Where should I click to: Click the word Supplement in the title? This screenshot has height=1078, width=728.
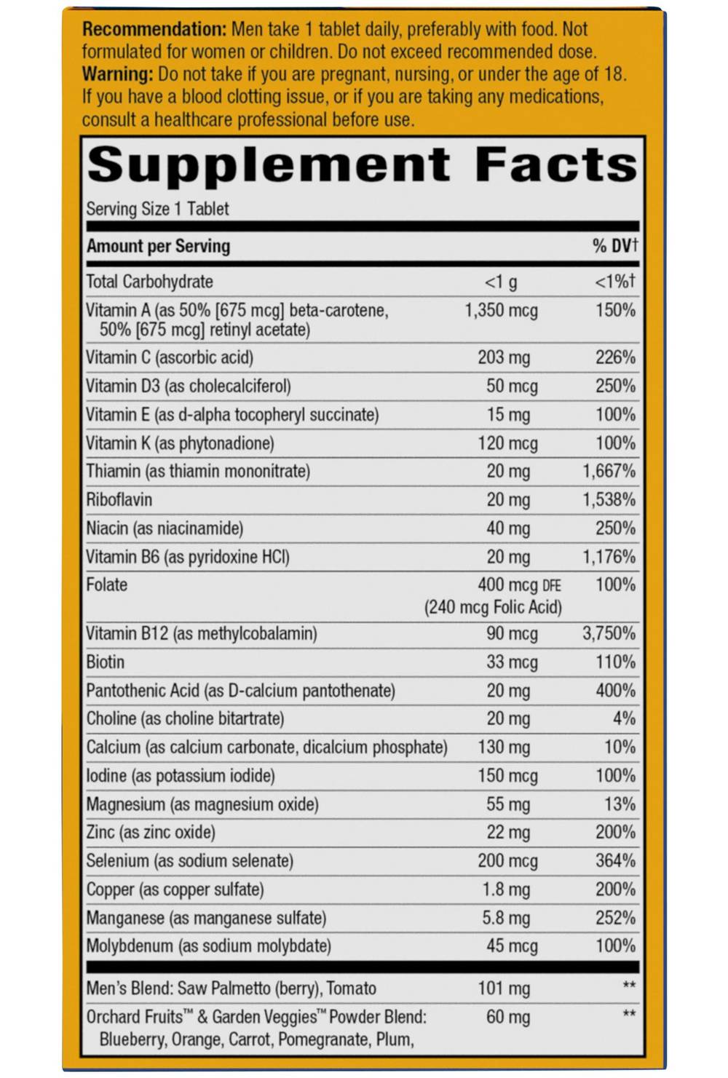tap(269, 165)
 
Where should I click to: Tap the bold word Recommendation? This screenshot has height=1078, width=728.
tap(154, 30)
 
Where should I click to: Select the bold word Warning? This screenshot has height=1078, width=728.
tap(117, 74)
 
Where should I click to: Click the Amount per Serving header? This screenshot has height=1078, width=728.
tap(158, 246)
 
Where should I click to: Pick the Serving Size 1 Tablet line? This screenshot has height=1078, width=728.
tap(157, 209)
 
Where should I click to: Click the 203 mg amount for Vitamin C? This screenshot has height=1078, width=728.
tap(504, 357)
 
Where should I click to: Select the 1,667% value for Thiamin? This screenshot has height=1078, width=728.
tap(609, 471)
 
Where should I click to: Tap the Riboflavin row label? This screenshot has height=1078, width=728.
tap(119, 499)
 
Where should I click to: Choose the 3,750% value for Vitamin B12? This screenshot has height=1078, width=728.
tap(609, 633)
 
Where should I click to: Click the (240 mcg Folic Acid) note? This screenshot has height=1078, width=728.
tap(493, 607)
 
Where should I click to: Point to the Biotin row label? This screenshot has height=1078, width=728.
tap(106, 662)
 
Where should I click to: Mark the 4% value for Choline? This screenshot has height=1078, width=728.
tap(624, 718)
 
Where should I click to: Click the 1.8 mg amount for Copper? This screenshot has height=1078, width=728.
tap(506, 889)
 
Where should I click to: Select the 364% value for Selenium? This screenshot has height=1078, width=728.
tap(615, 860)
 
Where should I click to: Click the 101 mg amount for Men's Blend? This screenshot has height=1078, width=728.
tap(504, 988)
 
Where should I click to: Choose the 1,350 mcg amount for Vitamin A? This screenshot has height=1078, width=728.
tap(501, 311)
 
